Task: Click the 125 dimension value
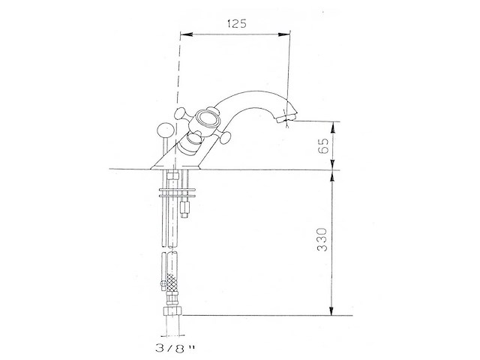(x=237, y=23)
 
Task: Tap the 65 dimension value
(x=323, y=145)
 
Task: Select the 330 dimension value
(x=322, y=240)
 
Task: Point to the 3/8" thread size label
(x=175, y=347)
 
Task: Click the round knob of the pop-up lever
(x=165, y=130)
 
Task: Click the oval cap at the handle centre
(x=208, y=119)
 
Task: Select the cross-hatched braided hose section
(x=172, y=283)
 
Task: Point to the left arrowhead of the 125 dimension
(x=186, y=34)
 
